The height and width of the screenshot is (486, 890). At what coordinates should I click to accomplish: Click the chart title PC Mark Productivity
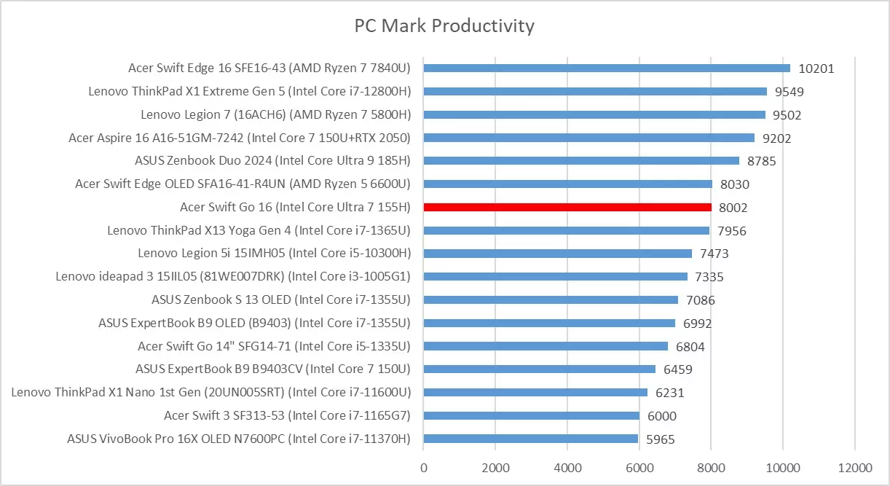(444, 26)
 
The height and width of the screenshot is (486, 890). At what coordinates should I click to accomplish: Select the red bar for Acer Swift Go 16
(567, 207)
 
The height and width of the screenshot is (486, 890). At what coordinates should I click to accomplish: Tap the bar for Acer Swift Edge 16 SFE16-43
(607, 68)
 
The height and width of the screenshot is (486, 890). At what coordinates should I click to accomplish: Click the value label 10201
(816, 68)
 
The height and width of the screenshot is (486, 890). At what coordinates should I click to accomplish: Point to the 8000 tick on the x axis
(711, 466)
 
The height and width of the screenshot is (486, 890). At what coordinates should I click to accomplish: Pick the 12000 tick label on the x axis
(854, 466)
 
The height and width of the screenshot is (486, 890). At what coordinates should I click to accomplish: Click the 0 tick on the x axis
(424, 466)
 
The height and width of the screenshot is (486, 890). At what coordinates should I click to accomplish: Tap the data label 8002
(732, 208)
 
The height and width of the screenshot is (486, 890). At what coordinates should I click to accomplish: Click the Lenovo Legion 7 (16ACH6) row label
(276, 114)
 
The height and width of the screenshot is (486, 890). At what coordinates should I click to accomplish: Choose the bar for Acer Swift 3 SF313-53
(532, 415)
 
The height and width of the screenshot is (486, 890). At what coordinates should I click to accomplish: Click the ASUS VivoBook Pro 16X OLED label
(239, 439)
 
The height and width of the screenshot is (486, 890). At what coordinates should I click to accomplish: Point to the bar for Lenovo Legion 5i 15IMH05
(558, 254)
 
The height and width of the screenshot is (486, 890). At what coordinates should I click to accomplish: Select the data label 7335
(709, 277)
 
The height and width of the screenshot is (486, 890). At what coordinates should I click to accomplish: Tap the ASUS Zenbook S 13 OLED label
(281, 299)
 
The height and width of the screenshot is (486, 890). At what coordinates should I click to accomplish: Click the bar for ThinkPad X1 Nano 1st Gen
(535, 392)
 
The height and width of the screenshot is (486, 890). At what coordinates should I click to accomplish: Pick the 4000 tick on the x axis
(567, 466)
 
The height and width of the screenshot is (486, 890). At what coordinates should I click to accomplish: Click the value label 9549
(789, 92)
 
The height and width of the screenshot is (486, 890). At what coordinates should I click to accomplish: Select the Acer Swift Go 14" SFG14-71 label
(274, 346)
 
